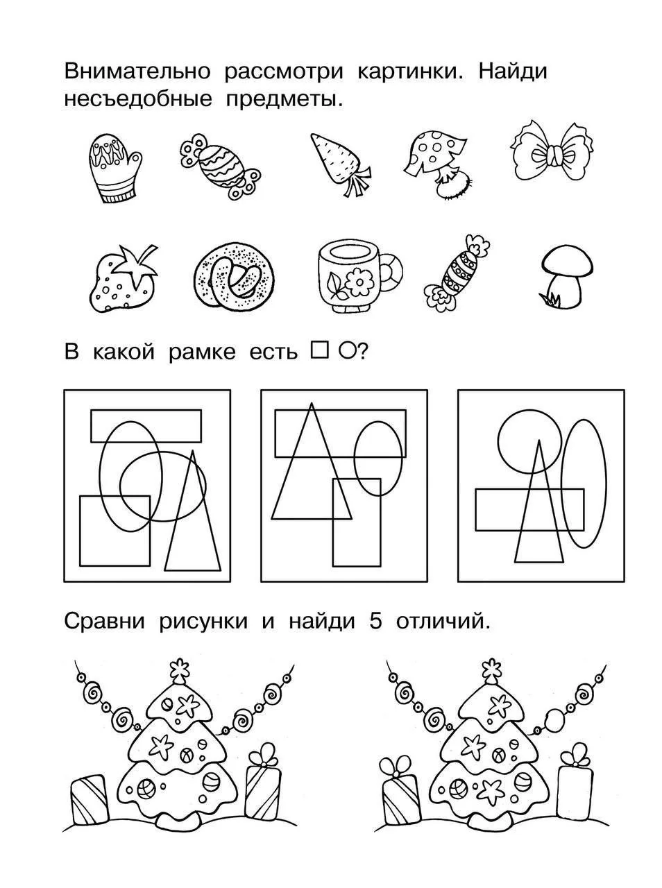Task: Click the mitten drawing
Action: point(115,169)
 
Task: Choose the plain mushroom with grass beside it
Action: point(566,277)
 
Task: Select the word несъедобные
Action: point(138,99)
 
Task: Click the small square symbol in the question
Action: point(319,350)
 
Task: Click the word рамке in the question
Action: point(202,352)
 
